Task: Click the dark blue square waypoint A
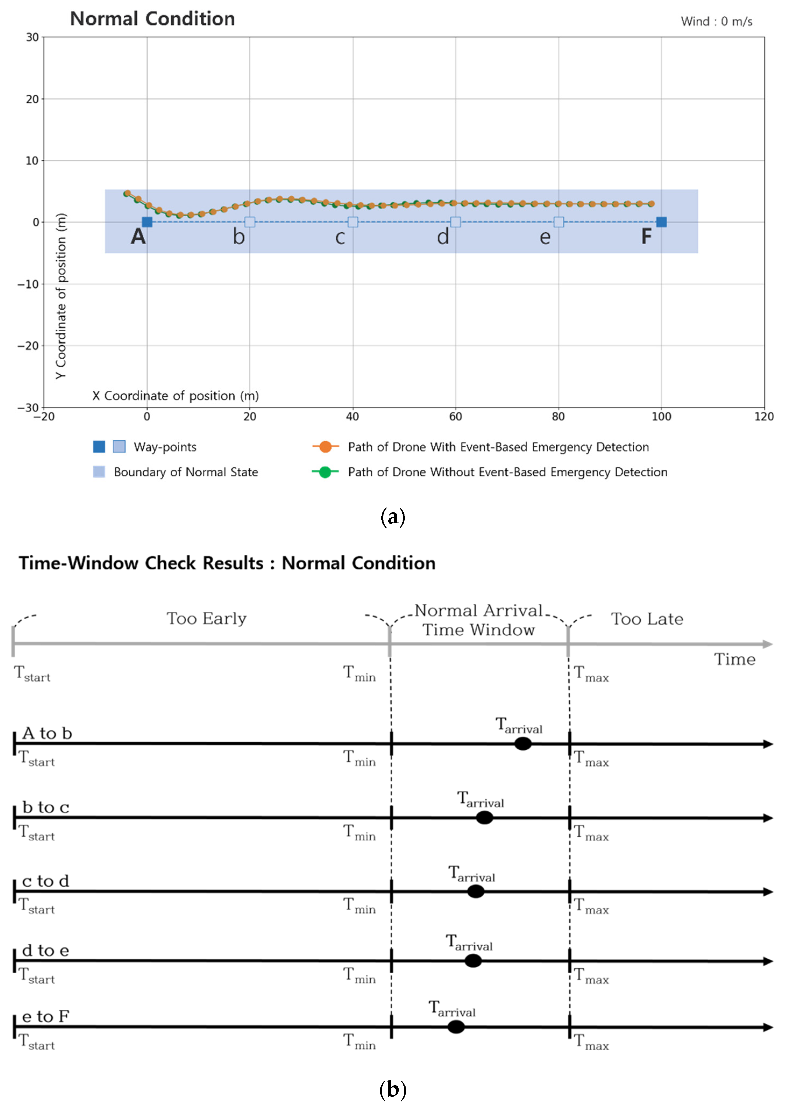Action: [147, 222]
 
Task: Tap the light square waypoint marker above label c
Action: [353, 222]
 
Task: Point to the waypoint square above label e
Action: [559, 222]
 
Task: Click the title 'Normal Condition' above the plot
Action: [152, 19]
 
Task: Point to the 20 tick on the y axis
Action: [32, 99]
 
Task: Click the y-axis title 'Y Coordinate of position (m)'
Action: [61, 296]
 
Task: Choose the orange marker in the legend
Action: [325, 447]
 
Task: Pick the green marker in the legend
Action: [325, 472]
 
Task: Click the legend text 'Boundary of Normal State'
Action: [186, 472]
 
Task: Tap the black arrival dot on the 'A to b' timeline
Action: [523, 743]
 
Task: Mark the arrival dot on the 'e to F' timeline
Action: [456, 1027]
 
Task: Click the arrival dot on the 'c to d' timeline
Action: [475, 891]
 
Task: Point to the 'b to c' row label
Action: [46, 807]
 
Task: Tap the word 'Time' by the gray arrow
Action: [734, 660]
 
